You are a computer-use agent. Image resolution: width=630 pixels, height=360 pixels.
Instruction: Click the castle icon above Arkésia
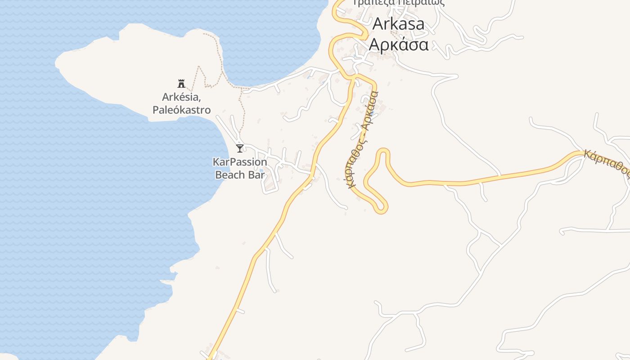click(181, 83)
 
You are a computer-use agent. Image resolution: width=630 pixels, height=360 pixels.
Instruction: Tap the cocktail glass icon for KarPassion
click(240, 148)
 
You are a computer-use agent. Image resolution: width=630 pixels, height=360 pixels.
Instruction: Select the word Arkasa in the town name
click(398, 24)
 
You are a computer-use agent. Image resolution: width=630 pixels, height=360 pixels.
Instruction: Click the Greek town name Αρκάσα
click(398, 45)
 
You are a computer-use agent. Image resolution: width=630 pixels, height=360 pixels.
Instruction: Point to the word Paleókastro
click(181, 109)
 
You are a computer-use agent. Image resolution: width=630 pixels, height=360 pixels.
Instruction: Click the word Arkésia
click(180, 97)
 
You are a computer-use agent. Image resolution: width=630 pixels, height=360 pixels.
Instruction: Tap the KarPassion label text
click(240, 162)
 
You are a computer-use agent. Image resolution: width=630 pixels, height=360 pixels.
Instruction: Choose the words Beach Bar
click(240, 175)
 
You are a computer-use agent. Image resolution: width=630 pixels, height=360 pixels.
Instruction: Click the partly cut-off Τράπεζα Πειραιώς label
click(398, 3)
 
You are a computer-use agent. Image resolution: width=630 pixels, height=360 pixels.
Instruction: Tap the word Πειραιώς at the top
click(423, 3)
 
